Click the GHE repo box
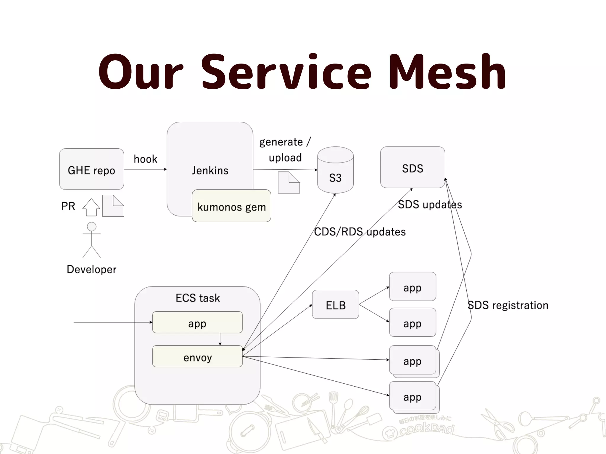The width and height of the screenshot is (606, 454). (91, 169)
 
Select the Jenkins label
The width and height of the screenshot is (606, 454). (210, 171)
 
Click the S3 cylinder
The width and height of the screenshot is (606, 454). (335, 171)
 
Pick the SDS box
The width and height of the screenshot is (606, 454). (412, 168)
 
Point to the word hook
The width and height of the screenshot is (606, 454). (145, 159)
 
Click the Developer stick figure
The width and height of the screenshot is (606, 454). (91, 240)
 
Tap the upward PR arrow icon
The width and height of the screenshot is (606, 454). (91, 207)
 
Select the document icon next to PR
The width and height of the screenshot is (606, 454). (113, 206)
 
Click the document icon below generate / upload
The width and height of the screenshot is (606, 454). (289, 183)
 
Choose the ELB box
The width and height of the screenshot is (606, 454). (336, 304)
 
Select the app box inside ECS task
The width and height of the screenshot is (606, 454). (197, 322)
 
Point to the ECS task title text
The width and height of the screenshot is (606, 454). (198, 298)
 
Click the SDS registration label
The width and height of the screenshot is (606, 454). (508, 305)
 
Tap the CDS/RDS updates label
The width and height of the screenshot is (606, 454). (360, 232)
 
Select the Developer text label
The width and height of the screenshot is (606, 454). (91, 269)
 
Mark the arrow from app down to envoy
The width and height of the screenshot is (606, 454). (220, 339)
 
